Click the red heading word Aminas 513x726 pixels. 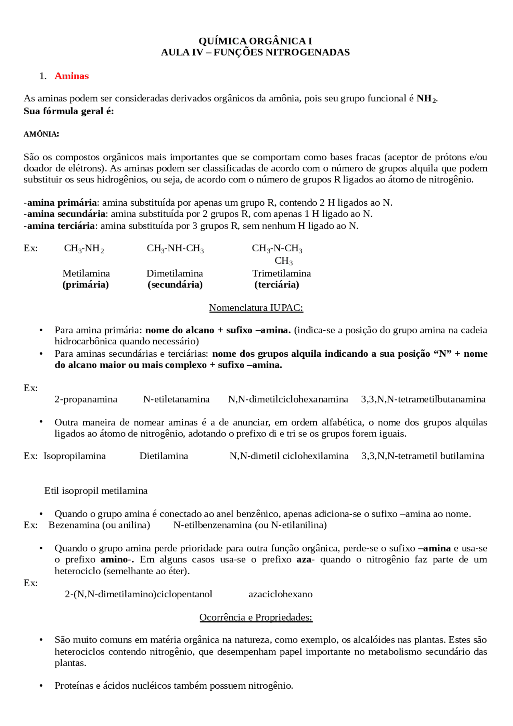pyautogui.click(x=71, y=76)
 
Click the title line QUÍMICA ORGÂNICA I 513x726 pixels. pyautogui.click(x=255, y=41)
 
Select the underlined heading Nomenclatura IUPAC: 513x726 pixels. pyautogui.click(x=256, y=308)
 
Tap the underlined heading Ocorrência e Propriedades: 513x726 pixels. pyautogui.click(x=256, y=617)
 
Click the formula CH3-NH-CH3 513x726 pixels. pyautogui.click(x=175, y=249)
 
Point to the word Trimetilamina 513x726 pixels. pyautogui.click(x=281, y=273)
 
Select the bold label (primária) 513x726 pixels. pyautogui.click(x=85, y=285)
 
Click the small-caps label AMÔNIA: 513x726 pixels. pyautogui.click(x=41, y=134)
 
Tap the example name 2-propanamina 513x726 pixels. pyautogui.click(x=86, y=399)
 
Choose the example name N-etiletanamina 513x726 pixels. pyautogui.click(x=176, y=399)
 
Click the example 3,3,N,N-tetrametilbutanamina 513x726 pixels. pyautogui.click(x=423, y=399)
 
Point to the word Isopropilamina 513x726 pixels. pyautogui.click(x=75, y=456)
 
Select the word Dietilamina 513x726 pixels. pyautogui.click(x=164, y=456)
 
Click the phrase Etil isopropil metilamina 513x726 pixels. pyautogui.click(x=96, y=491)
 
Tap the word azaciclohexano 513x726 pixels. pyautogui.click(x=281, y=594)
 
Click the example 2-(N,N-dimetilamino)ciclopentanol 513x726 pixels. pyautogui.click(x=139, y=594)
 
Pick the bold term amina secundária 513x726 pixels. pyautogui.click(x=66, y=214)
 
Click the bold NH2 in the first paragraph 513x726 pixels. pyautogui.click(x=426, y=99)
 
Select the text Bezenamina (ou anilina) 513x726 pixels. pyautogui.click(x=99, y=525)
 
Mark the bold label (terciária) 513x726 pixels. pyautogui.click(x=277, y=285)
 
